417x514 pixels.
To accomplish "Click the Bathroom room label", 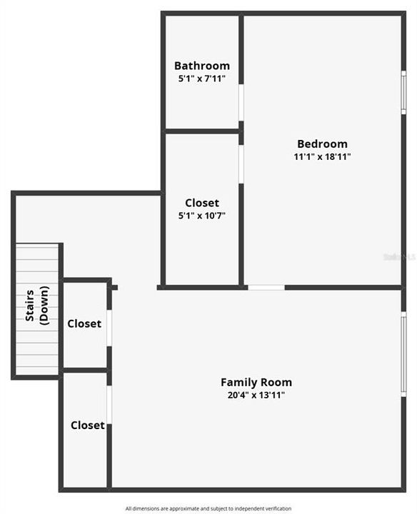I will coord(202,66).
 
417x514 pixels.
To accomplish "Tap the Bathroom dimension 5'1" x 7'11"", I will coord(202,79).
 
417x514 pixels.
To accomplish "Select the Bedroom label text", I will coord(323,143).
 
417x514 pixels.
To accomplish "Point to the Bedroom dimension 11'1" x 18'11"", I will coord(323,156).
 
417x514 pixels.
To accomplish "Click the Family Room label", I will coord(256,382).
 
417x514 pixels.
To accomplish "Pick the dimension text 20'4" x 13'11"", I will coord(256,395).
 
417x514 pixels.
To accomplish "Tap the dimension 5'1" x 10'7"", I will coord(202,215).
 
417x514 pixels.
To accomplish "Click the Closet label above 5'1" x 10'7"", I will coord(202,203).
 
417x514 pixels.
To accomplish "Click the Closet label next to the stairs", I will coord(84,323).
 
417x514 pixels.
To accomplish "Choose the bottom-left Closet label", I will coord(87,425).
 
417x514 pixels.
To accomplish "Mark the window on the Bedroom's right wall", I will coord(403,91).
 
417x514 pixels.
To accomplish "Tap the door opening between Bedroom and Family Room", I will coord(266,287).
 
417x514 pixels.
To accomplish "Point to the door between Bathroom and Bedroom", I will coord(241,102).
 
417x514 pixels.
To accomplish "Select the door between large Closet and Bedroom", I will coord(241,164).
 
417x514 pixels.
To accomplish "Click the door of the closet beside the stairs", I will coord(109,328).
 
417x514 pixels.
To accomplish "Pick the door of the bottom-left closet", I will coord(109,403).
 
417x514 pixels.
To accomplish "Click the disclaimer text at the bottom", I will coord(208,508).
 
